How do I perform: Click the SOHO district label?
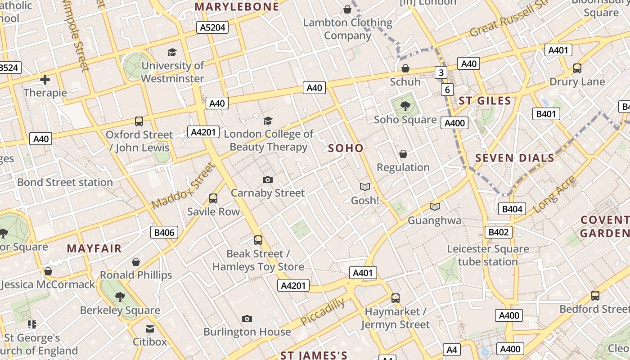(x=346, y=148)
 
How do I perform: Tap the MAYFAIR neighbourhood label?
(x=94, y=248)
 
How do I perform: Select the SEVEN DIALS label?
(x=515, y=158)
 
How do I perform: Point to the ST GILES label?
(x=485, y=100)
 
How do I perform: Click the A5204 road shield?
(x=212, y=28)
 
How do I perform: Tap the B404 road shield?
(x=512, y=209)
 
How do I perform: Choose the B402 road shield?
(x=498, y=232)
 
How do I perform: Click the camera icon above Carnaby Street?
(x=268, y=180)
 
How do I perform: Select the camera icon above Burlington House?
(x=247, y=319)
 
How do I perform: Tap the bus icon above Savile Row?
(x=213, y=198)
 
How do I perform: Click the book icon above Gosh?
(x=364, y=187)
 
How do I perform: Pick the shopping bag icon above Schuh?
(x=405, y=68)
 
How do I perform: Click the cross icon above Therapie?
(x=45, y=80)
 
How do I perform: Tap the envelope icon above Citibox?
(x=149, y=329)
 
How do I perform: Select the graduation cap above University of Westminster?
(x=172, y=53)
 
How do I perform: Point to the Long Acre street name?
(x=554, y=194)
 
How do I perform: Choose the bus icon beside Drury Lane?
(x=577, y=68)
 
